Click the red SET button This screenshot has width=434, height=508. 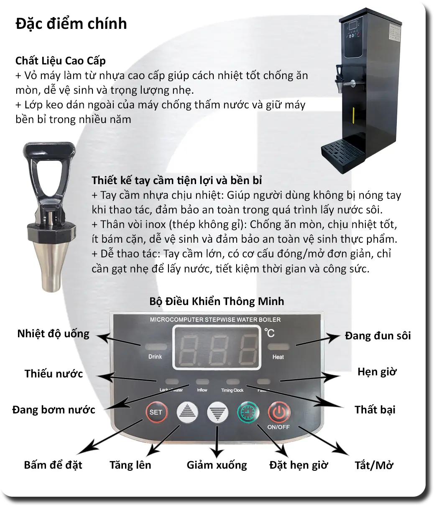point(156,412)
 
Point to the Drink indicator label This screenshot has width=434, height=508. point(155,357)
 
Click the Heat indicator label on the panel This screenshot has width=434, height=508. point(278,357)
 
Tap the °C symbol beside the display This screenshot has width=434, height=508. point(270,333)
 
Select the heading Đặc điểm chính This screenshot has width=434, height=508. point(71,23)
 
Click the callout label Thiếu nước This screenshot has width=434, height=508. point(54,374)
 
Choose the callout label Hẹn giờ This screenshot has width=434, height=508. point(377,372)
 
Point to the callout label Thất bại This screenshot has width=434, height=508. point(375,409)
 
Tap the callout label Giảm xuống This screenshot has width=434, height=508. point(217,465)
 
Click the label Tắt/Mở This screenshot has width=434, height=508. point(374,465)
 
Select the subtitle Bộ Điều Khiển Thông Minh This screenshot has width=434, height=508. point(217,301)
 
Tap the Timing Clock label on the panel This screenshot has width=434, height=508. point(232,390)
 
